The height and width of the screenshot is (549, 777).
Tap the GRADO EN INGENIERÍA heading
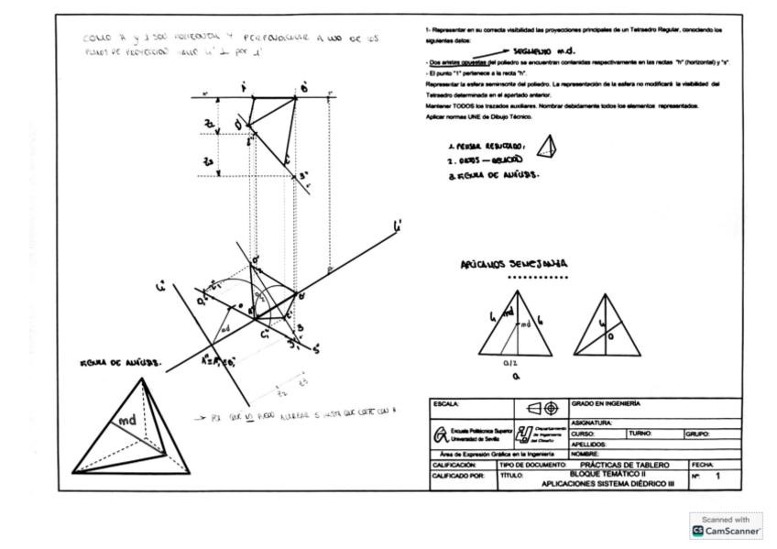coord(607,403)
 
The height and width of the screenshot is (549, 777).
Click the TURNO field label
coord(640,434)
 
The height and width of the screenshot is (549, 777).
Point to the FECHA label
coord(703,465)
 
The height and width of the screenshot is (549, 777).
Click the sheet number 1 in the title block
coord(717,477)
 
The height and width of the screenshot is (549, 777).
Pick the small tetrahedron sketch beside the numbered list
coord(547,147)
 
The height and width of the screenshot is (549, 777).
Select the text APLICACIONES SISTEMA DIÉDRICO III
coord(607,483)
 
